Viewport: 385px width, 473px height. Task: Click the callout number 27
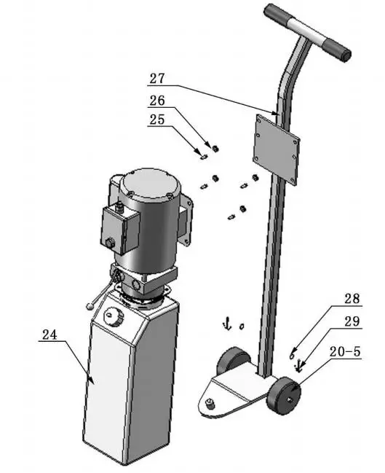tap(158, 78)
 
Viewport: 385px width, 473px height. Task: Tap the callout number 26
tap(158, 101)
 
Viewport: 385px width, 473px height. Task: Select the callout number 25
tap(157, 120)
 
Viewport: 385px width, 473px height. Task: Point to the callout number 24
tap(49, 336)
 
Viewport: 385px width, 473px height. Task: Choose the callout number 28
tap(352, 299)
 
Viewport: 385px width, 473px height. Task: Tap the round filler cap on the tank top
tap(113, 317)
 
